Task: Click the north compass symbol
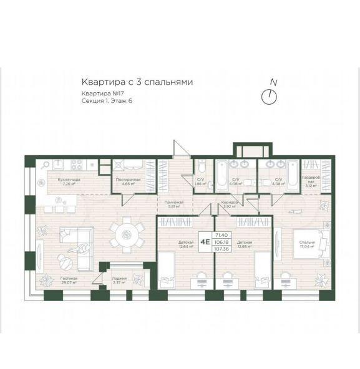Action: [x=270, y=96]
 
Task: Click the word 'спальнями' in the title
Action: [x=168, y=82]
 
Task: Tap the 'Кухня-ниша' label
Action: [x=69, y=181]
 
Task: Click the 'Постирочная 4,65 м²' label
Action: [x=128, y=181]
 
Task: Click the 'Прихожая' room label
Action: [x=174, y=204]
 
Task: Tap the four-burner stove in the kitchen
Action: [x=78, y=165]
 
